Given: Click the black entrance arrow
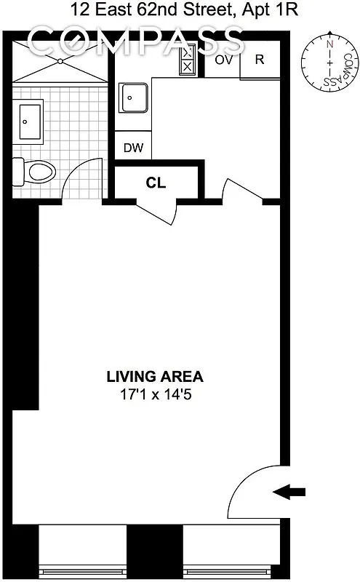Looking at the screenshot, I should pyautogui.click(x=289, y=493).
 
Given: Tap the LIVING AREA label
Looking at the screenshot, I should pyautogui.click(x=155, y=377).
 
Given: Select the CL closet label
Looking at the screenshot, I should pyautogui.click(x=156, y=183).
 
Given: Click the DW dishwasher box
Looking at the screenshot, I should pyautogui.click(x=133, y=148).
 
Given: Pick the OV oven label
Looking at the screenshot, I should pyautogui.click(x=223, y=60).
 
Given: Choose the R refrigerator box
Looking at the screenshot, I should pyautogui.click(x=260, y=60).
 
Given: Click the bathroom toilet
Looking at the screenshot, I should pyautogui.click(x=35, y=172).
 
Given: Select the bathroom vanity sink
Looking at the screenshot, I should pyautogui.click(x=30, y=121).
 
